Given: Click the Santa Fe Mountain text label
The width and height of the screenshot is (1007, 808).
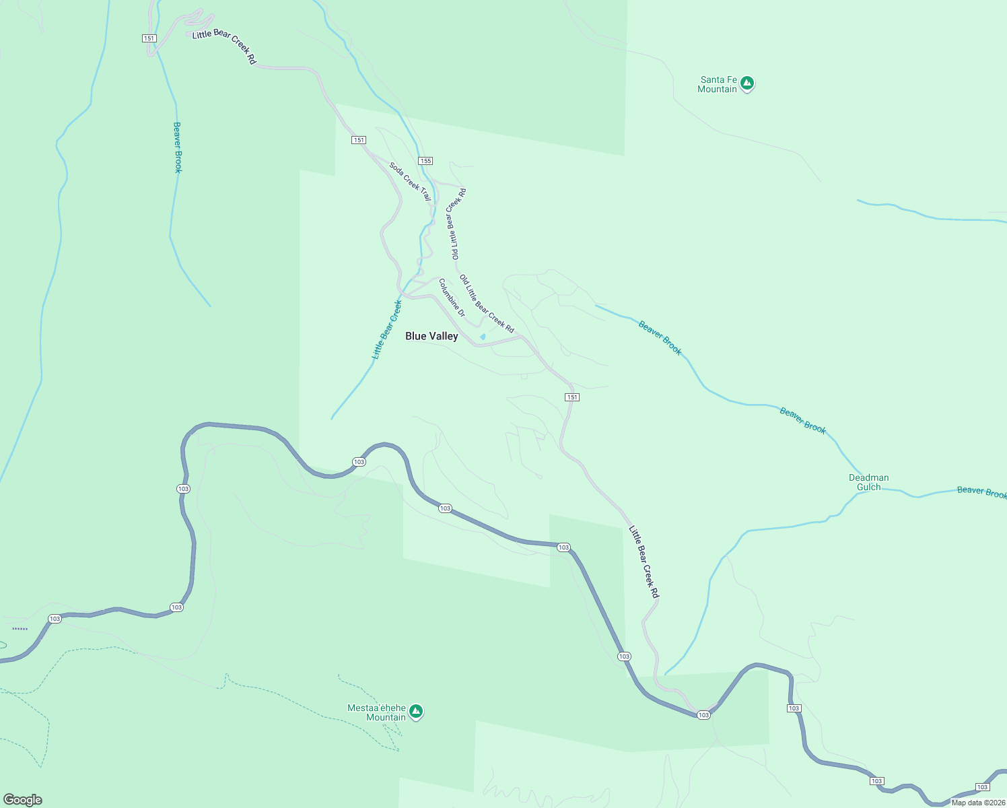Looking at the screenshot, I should [718, 84].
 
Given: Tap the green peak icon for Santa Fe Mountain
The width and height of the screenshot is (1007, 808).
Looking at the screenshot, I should [746, 83].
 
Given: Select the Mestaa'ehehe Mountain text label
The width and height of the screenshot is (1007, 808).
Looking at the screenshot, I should [377, 712].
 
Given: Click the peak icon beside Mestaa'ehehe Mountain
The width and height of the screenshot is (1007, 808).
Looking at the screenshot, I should [416, 711].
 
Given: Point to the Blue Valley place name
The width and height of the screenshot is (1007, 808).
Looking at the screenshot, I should [431, 336].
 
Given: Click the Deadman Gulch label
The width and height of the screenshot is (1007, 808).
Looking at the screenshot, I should [868, 482].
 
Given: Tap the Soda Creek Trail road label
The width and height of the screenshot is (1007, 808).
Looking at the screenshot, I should [410, 181].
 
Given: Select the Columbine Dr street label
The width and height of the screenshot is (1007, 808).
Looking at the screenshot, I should [452, 298].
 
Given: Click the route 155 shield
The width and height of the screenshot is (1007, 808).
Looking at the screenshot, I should [425, 161].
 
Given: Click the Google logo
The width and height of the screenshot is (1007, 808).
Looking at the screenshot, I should [23, 800].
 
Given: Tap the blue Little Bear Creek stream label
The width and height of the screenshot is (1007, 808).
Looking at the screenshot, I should [387, 329].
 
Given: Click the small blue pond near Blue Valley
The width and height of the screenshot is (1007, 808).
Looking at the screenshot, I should [483, 337].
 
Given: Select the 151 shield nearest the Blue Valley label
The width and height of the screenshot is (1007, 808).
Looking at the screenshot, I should [571, 397].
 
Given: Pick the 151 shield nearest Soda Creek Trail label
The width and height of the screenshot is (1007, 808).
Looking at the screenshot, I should [359, 140].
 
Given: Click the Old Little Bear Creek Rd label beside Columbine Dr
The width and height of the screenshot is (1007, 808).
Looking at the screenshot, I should [487, 304].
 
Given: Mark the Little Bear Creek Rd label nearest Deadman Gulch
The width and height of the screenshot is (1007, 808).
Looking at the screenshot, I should [644, 562].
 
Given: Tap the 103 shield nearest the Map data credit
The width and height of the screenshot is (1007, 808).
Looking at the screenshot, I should [982, 787].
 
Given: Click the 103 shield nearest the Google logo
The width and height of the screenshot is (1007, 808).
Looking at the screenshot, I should [55, 619].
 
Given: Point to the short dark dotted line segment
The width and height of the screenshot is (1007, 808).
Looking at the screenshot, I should [20, 629].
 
